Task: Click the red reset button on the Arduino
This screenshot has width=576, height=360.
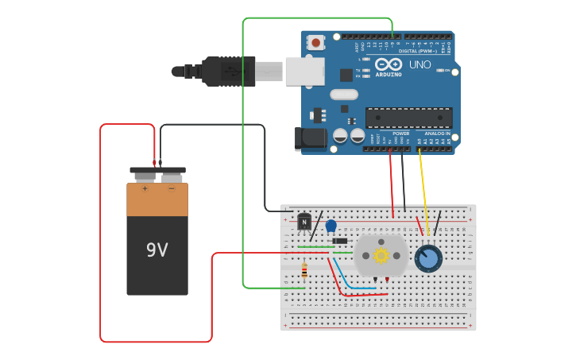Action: (x=316, y=43)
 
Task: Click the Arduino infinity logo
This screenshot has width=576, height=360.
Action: (x=389, y=64)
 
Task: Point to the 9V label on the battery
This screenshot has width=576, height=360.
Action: (x=157, y=250)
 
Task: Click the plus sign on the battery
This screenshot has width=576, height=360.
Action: (x=145, y=188)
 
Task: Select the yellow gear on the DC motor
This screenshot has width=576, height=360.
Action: (x=381, y=255)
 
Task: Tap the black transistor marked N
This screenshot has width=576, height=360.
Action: (x=304, y=222)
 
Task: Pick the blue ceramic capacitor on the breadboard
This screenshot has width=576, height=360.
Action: (x=331, y=225)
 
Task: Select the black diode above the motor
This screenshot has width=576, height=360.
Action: (x=340, y=241)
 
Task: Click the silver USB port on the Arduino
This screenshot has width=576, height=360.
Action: (x=305, y=71)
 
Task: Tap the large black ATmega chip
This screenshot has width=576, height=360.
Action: (x=408, y=118)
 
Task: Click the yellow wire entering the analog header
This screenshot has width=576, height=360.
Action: (x=423, y=191)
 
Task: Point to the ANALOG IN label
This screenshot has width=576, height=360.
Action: (x=437, y=133)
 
